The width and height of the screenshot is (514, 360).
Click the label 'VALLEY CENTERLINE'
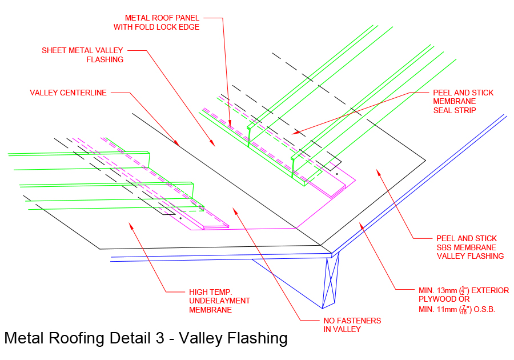click(x=68, y=93)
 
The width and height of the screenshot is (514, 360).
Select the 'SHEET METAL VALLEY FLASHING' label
click(x=82, y=55)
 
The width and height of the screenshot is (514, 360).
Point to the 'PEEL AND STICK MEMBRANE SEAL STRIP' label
click(x=463, y=101)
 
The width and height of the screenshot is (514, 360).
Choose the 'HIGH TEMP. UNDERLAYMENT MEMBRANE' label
click(x=219, y=301)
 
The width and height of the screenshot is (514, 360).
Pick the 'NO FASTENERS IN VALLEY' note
click(x=348, y=325)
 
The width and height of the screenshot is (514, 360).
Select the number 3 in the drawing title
click(x=162, y=338)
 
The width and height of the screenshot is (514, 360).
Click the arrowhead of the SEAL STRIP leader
click(x=293, y=133)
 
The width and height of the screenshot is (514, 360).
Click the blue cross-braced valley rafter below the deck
click(x=330, y=283)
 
